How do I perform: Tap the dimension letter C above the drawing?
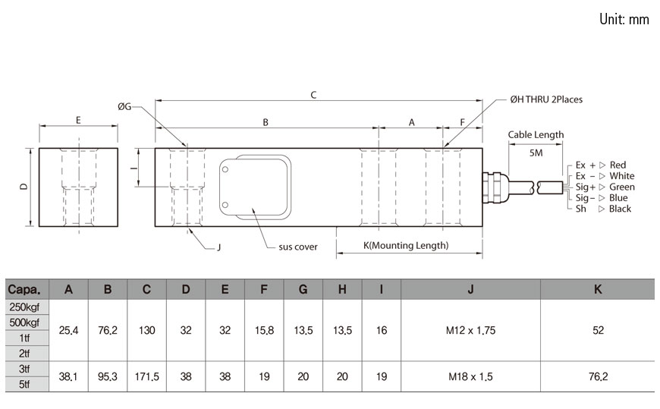tap(313, 95)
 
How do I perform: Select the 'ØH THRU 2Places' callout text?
tap(546, 99)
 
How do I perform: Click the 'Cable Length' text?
tap(536, 135)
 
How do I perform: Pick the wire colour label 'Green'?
tap(622, 187)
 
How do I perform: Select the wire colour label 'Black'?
tap(620, 209)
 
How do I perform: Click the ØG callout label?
tap(124, 107)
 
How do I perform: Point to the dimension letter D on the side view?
tap(24, 186)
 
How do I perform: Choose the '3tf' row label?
tap(24, 368)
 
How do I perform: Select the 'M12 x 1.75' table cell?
tap(470, 330)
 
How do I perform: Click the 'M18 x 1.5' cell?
tap(470, 376)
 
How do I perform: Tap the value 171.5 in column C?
tap(146, 376)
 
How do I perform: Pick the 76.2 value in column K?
tap(597, 376)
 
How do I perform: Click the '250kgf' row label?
tap(24, 307)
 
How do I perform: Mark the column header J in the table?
tap(470, 289)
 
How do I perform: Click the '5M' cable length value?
tap(536, 153)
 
